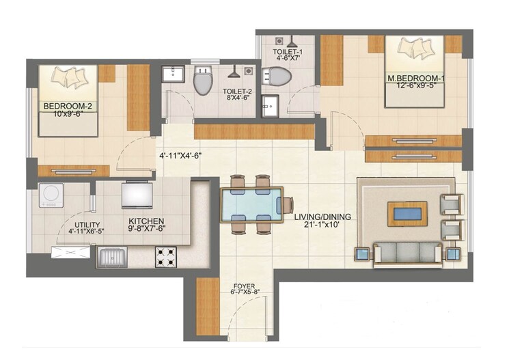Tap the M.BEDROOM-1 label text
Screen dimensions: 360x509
click(416, 79)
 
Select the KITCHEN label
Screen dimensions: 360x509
click(146, 221)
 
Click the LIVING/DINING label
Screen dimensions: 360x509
click(322, 217)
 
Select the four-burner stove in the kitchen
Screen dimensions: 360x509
click(166, 257)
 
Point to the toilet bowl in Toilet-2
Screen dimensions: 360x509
click(202, 83)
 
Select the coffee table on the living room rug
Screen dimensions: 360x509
click(408, 214)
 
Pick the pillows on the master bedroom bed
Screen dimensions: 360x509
click(415, 49)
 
